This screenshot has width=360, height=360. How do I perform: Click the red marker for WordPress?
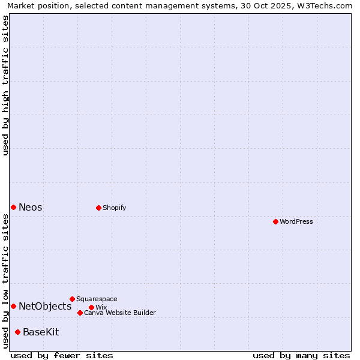pos(275,221)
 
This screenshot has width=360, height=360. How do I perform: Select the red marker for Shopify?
pos(98,208)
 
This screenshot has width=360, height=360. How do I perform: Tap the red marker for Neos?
pos(13,207)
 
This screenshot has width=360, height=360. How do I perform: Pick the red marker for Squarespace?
pos(72,299)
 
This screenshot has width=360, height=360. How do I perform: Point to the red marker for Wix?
pos(91,307)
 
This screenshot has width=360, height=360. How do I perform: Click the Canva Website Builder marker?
pos(80,313)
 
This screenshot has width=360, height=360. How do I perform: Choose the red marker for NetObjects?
pos(13,306)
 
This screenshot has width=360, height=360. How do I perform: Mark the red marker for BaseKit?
pos(17,332)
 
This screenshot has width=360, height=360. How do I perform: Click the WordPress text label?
pos(296,221)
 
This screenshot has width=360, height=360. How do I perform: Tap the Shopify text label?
pos(114,208)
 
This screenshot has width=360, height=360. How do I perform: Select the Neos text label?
pos(31,207)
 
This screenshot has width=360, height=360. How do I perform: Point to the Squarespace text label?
pos(97,299)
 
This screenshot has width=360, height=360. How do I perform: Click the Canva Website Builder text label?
pos(120,313)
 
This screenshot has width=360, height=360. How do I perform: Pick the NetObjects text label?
pos(45,306)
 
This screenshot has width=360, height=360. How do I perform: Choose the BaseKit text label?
pos(41,332)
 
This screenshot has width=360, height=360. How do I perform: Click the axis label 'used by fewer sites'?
pos(62,355)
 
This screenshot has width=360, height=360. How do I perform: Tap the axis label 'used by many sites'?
pos(301,355)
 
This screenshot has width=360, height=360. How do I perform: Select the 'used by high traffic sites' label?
pos(6,85)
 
